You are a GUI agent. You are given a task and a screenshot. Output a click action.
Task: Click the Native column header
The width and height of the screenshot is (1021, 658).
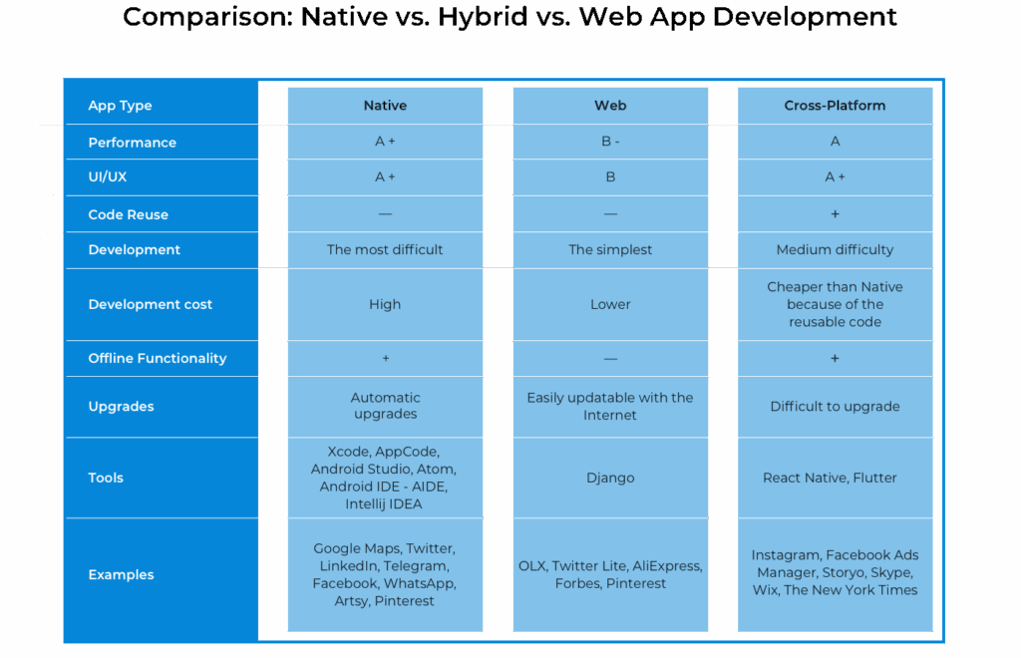385,105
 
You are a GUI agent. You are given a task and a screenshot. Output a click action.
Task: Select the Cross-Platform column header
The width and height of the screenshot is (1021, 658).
835,105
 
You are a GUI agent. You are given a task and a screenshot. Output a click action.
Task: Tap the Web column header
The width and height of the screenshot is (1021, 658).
610,105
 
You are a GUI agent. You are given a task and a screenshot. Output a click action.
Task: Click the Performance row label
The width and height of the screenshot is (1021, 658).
132,143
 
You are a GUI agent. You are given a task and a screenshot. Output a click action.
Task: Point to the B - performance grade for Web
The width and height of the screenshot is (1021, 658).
610,142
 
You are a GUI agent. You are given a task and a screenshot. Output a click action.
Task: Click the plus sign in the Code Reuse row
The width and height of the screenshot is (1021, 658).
835,214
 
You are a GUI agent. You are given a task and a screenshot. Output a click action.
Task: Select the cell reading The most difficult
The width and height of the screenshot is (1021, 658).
385,250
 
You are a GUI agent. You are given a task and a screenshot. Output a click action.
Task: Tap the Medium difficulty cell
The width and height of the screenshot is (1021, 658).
835,250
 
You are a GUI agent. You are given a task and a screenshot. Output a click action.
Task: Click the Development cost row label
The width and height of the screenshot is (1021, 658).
150,304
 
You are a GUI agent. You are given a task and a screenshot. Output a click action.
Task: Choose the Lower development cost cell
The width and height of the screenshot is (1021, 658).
610,304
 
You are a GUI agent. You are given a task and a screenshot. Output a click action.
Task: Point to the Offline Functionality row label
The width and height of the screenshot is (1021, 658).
157,358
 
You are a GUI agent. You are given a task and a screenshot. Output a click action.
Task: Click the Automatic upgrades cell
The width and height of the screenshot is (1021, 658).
385,406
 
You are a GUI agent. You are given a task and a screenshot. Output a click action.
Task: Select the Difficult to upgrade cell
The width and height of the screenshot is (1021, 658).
835,406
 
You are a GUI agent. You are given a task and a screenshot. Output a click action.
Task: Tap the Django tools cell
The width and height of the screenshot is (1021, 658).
610,478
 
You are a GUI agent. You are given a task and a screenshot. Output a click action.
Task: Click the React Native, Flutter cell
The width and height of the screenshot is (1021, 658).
835,478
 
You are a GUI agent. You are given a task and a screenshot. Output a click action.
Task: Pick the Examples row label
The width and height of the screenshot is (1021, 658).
121,574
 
